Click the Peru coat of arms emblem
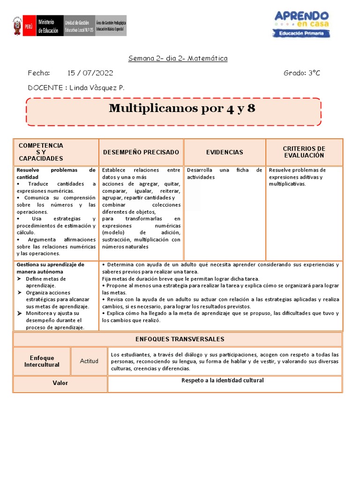[x=17, y=26]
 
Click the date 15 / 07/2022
[x=90, y=73]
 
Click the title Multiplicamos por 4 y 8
[x=182, y=108]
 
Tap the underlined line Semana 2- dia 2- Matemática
[x=178, y=59]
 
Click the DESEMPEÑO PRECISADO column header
[x=141, y=152]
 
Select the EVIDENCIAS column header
[x=225, y=152]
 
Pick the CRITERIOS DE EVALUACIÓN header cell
[x=304, y=152]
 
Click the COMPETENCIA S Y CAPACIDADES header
[x=41, y=152]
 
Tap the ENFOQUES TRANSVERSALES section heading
[x=180, y=339]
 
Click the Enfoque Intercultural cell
[x=42, y=361]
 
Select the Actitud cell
[x=89, y=361]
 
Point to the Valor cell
[x=60, y=383]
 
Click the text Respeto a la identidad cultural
[x=223, y=380]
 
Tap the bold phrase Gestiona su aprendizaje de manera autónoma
[x=50, y=268]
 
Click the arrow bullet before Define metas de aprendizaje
[x=19, y=279]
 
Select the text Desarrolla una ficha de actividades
[x=224, y=173]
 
